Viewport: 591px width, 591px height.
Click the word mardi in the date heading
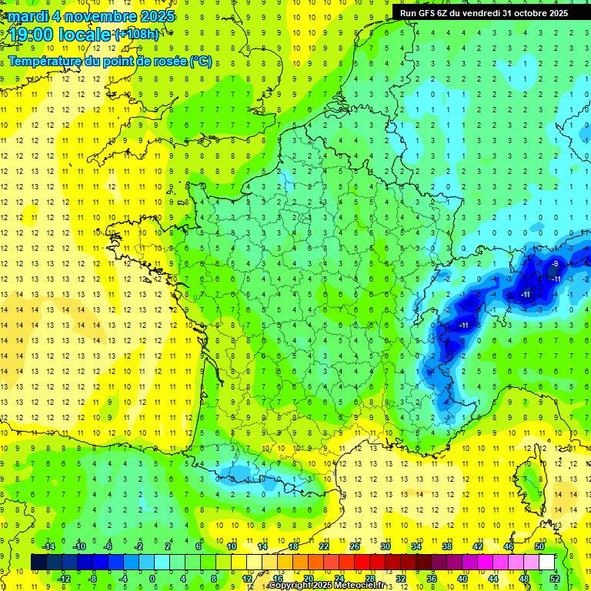point(25,16)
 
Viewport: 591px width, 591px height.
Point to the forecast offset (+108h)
point(137,35)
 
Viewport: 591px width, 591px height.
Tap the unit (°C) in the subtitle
point(201,61)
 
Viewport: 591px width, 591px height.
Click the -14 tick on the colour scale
point(48,546)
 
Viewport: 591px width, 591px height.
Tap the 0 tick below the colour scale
point(152,578)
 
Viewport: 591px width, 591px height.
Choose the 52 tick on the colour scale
point(555,578)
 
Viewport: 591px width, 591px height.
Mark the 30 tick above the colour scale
point(385,546)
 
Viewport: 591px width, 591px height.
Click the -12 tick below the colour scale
point(64,578)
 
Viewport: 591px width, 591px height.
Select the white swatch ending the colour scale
point(547,562)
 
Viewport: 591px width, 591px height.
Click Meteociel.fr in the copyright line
point(369,586)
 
